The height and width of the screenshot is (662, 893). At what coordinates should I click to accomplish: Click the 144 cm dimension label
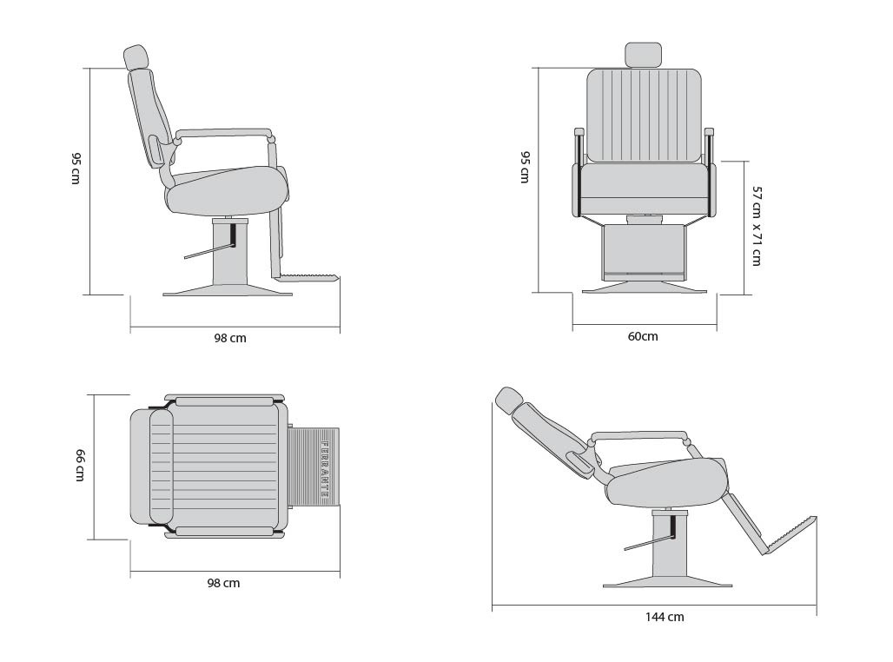point(664,617)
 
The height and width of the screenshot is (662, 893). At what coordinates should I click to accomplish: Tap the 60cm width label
point(643,336)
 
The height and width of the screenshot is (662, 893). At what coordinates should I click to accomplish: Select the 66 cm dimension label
point(80,465)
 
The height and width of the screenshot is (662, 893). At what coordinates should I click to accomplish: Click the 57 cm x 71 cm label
point(757,226)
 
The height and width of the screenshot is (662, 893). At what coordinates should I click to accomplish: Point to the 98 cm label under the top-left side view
point(230,338)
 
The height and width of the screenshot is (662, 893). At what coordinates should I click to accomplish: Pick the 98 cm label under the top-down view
point(223,583)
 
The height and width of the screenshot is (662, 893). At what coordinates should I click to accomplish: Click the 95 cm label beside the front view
point(525,167)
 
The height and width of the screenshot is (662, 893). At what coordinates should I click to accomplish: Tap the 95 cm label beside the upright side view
point(76,168)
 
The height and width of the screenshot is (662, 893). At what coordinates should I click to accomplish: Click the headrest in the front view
point(644,55)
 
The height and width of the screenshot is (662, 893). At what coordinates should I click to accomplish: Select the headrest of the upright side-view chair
point(136,57)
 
